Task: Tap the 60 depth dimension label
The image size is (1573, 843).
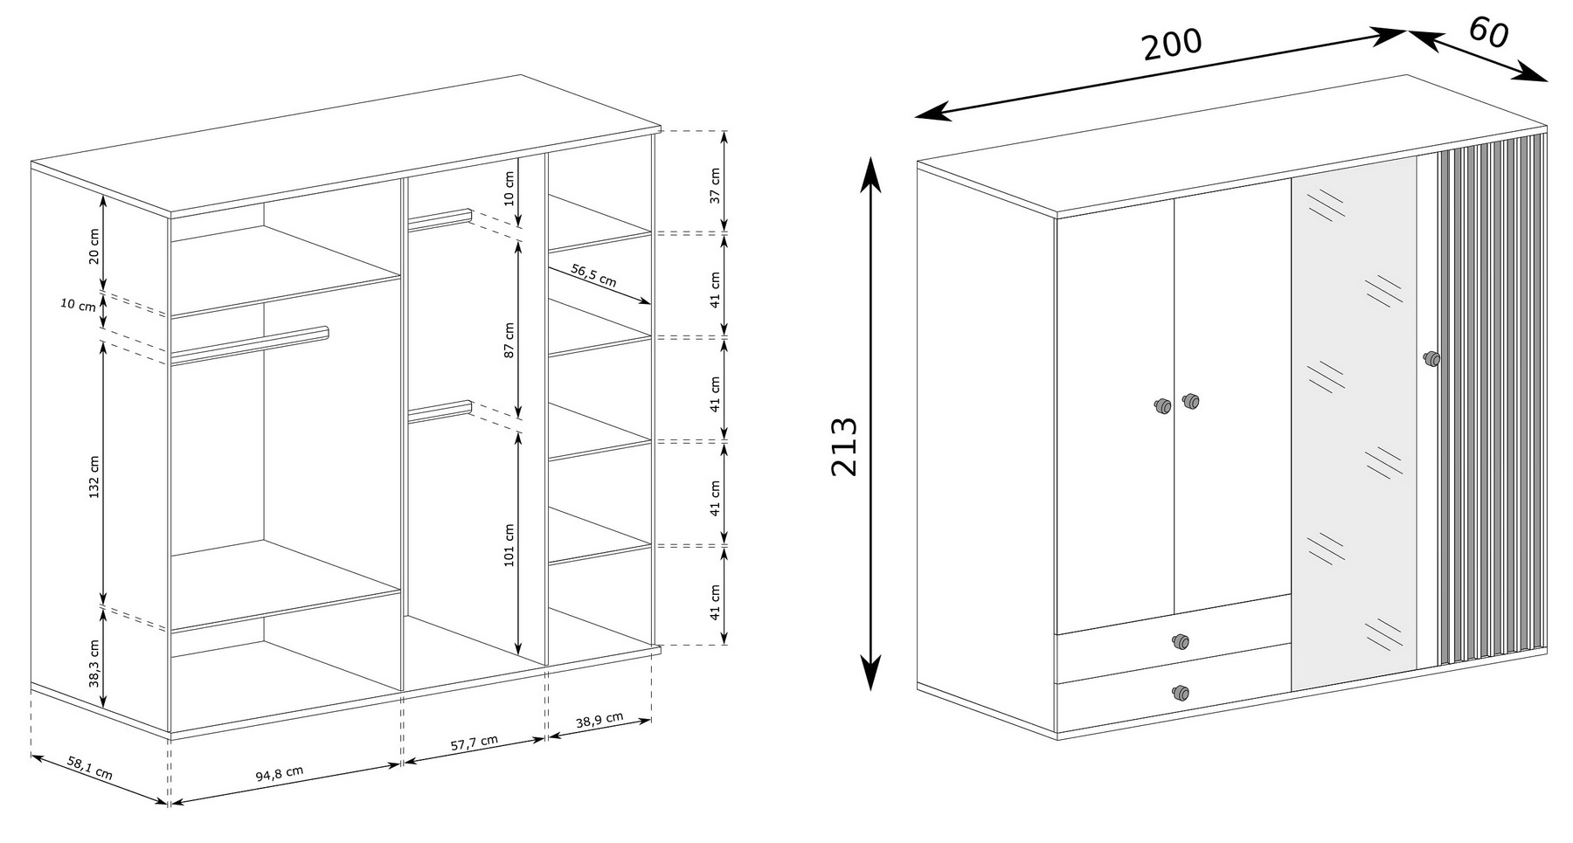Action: [x=1487, y=32]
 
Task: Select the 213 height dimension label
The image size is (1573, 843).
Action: [x=844, y=446]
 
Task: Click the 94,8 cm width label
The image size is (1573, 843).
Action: [x=280, y=774]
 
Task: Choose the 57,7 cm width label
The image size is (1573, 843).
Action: [x=475, y=743]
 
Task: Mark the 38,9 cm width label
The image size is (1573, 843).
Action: [x=599, y=721]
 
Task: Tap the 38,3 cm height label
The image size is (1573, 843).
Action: [x=94, y=664]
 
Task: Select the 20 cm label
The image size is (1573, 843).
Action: [x=94, y=245]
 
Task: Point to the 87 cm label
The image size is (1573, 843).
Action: [x=509, y=340]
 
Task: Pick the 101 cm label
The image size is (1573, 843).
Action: [x=509, y=545]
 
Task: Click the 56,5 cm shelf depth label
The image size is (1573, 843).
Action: [x=594, y=276]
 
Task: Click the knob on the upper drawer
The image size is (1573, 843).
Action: [x=1181, y=642]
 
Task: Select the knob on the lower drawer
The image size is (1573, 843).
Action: [x=1181, y=693]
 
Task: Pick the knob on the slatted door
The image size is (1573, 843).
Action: [x=1431, y=358]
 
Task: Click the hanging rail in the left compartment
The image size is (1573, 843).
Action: [x=249, y=342]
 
